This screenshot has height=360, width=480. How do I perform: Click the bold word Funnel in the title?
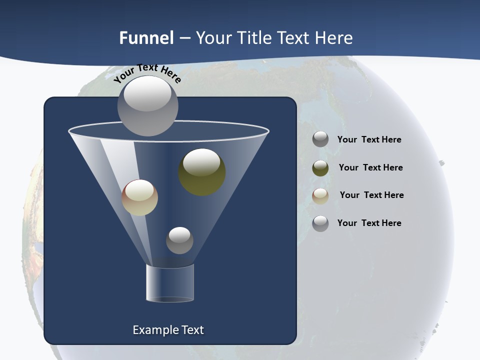pos(146,38)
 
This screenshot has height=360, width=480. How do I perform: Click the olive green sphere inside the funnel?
pos(202,172)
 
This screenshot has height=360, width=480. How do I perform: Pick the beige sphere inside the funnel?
pos(139,197)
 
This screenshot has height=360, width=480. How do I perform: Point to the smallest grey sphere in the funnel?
pos(179,240)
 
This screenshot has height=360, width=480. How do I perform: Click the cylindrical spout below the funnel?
pos(169,283)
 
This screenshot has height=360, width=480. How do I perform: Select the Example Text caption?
pos(168,330)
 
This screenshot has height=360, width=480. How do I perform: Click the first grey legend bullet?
pos(320,139)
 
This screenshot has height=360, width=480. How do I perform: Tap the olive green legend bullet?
pos(320,168)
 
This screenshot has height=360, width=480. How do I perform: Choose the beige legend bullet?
pos(320,195)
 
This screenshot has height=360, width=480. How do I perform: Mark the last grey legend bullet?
pos(320,223)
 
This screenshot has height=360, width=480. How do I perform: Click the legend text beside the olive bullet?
pos(370,167)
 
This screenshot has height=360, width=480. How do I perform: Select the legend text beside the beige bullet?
pos(371,195)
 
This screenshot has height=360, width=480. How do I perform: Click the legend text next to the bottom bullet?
pos(369,223)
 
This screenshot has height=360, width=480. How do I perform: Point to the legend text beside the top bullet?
pos(369,139)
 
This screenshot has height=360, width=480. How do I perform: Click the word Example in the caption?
pos(154,330)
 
